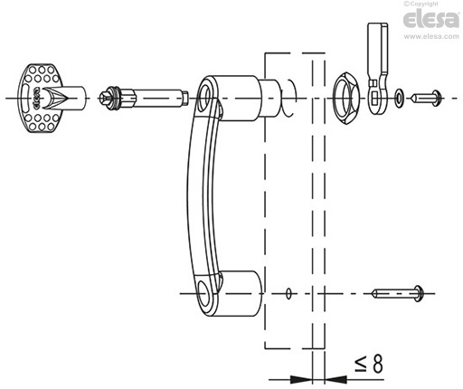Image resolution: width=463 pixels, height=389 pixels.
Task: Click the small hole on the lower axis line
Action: pyautogui.click(x=288, y=293)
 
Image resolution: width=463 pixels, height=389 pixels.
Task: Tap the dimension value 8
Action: pyautogui.click(x=377, y=364)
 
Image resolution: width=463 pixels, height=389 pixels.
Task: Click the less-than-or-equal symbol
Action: pyautogui.click(x=360, y=365)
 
